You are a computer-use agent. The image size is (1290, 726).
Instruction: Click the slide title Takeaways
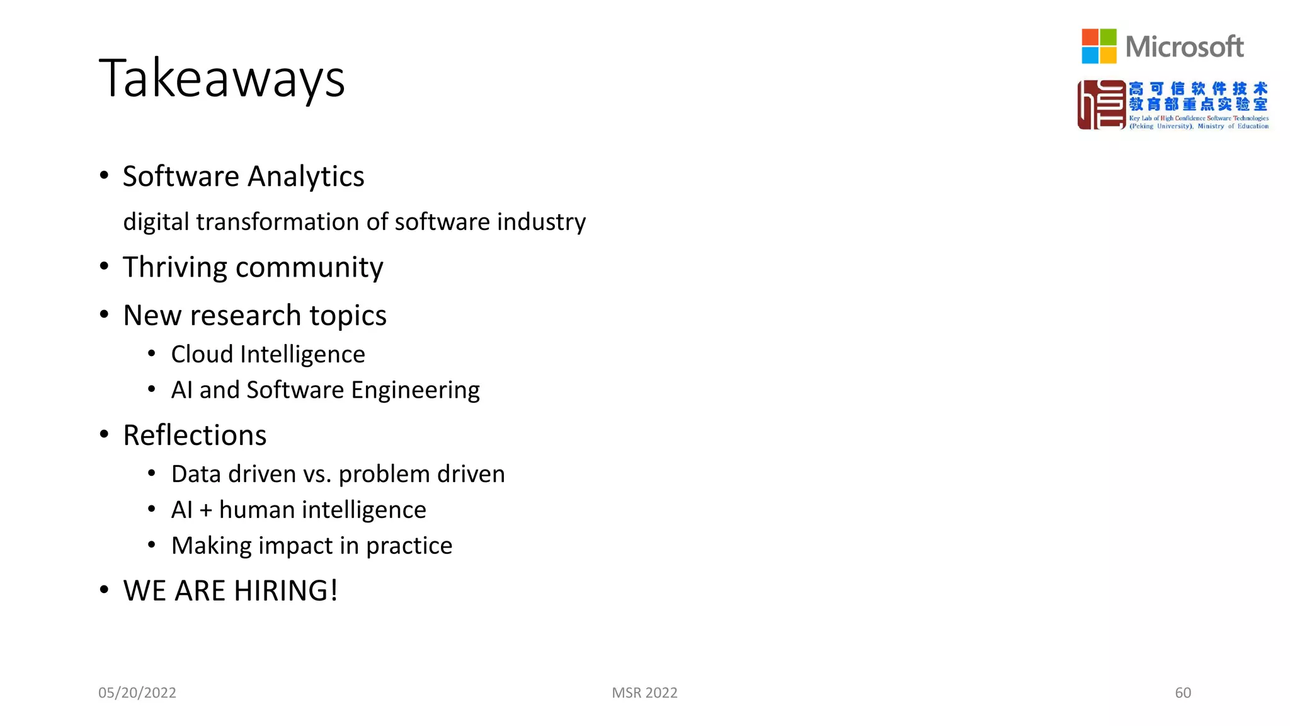coord(222,79)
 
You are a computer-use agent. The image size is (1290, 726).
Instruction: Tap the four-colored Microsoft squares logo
coord(1099,46)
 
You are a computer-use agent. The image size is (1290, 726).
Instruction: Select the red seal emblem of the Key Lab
coord(1101,105)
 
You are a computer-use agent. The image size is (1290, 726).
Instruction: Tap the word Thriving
coord(174,268)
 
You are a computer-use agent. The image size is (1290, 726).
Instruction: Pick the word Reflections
coord(195,435)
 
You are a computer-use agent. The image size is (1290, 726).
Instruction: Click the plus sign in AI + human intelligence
coord(206,510)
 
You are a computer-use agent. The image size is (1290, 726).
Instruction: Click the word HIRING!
coord(287,591)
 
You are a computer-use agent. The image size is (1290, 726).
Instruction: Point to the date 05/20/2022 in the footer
coord(137,693)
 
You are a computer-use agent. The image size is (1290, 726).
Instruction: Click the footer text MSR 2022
coord(644,693)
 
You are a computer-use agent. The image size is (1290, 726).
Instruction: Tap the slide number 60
coord(1182,693)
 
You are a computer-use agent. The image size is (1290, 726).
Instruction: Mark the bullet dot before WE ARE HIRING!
coord(105,590)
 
